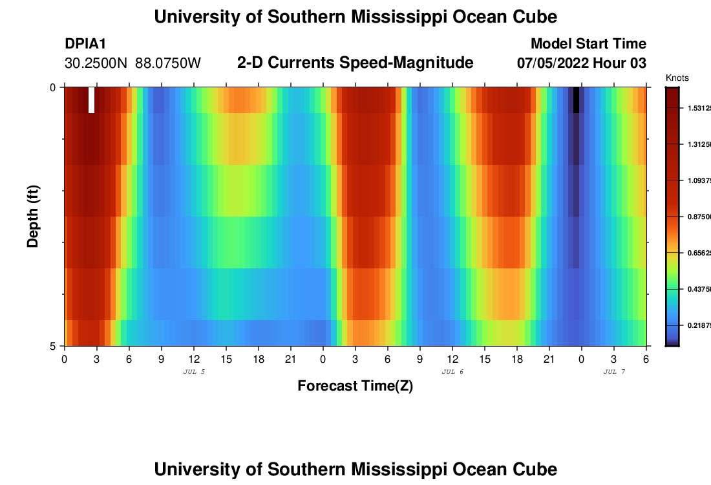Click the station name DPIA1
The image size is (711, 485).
(85, 44)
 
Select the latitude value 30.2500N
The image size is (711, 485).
(96, 63)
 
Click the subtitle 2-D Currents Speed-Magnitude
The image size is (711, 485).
(355, 63)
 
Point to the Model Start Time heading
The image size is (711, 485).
(588, 44)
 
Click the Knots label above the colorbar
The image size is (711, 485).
(677, 78)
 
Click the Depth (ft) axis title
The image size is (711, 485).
(34, 216)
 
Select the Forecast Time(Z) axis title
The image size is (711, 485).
(355, 386)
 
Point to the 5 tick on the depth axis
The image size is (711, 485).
(53, 346)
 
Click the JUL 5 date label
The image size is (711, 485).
(194, 372)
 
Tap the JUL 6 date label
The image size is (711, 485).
(452, 372)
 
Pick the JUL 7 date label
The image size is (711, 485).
(614, 372)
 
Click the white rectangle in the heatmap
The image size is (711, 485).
(91, 100)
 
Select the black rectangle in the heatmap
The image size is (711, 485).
(576, 100)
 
